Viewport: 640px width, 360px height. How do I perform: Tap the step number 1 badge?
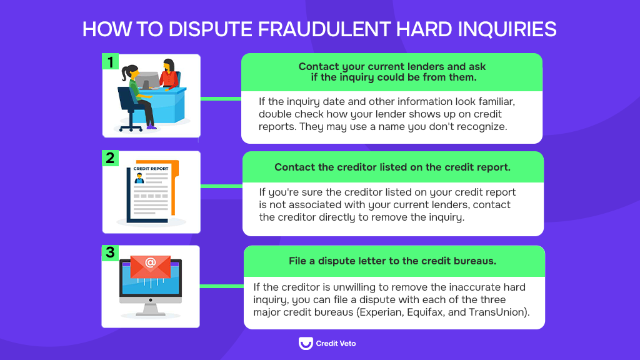(111, 62)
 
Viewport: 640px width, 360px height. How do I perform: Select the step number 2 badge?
(111, 159)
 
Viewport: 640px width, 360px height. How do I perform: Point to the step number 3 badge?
(111, 253)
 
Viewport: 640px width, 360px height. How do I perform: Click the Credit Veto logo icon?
(306, 343)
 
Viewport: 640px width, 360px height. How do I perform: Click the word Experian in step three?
(382, 312)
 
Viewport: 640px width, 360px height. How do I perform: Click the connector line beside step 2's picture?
(221, 186)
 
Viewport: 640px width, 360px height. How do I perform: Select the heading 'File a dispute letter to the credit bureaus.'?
(392, 261)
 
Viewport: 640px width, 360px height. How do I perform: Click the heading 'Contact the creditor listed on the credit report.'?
(392, 167)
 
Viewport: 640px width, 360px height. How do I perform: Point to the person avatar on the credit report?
(139, 179)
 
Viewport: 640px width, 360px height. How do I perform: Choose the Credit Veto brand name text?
(336, 343)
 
